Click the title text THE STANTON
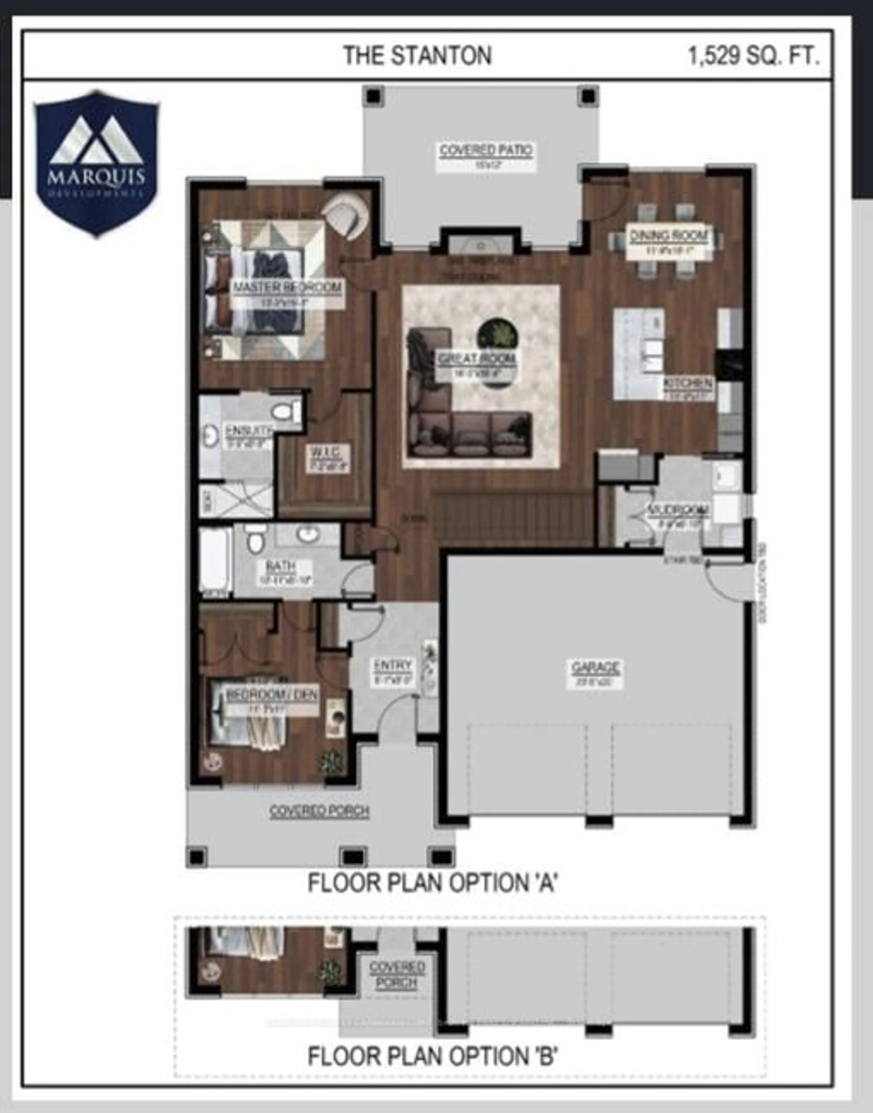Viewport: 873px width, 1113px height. click(x=417, y=56)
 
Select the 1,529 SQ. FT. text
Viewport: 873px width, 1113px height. click(x=754, y=56)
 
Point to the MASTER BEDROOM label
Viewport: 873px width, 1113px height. click(x=287, y=287)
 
